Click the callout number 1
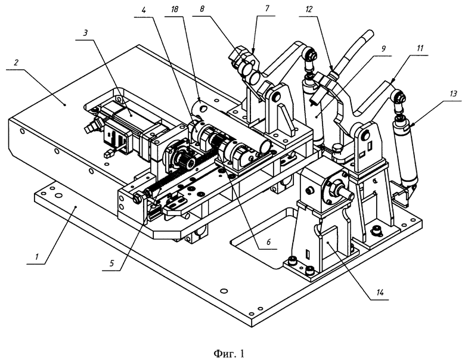tap(37, 256)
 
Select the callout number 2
tap(16, 63)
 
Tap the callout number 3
tap(85, 33)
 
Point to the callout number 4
tap(144, 10)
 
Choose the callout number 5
tap(112, 263)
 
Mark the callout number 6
tap(268, 241)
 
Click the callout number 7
tap(267, 8)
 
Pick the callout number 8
tap(202, 9)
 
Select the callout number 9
tap(383, 48)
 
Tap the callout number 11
tap(420, 48)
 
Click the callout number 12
tap(309, 9)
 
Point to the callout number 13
tap(453, 94)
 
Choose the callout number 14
tap(380, 293)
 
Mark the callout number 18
tap(175, 9)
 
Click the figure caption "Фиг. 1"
tap(230, 353)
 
